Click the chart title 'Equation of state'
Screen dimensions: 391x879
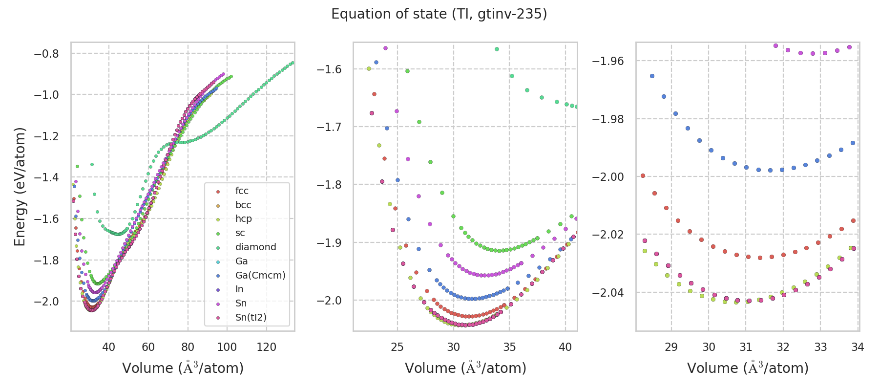(439, 14)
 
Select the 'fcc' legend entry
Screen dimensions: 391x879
(242, 191)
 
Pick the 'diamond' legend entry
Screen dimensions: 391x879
(255, 247)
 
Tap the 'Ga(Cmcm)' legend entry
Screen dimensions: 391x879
(260, 275)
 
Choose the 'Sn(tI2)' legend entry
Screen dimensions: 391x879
(251, 318)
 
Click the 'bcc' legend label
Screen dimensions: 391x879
(243, 205)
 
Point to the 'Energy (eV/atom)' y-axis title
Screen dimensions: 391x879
(20, 187)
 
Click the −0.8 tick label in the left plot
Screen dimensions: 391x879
(46, 54)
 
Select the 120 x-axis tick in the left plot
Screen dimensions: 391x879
(266, 348)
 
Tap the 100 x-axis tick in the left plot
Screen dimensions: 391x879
(227, 348)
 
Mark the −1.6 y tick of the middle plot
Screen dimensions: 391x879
(329, 69)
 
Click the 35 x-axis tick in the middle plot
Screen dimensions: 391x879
(509, 348)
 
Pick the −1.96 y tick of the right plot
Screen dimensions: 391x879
(608, 61)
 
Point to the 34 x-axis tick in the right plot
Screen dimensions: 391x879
(858, 348)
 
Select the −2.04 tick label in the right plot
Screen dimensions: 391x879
(608, 293)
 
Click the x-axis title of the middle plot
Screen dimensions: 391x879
(465, 368)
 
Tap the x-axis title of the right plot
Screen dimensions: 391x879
(748, 368)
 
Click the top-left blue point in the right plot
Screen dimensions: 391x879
(652, 76)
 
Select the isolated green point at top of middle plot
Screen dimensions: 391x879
(497, 49)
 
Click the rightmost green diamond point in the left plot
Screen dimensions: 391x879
(293, 63)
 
